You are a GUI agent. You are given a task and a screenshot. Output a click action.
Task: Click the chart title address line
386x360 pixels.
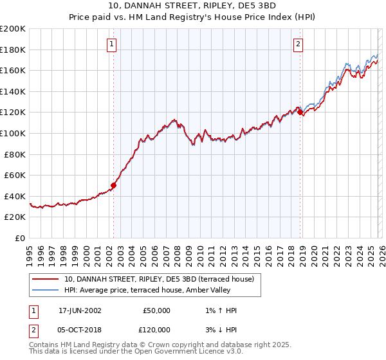click(193, 7)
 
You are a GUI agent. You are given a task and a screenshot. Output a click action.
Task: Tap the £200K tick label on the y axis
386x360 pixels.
click(13, 29)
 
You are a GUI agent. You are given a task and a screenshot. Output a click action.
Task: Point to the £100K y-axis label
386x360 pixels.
click(13, 134)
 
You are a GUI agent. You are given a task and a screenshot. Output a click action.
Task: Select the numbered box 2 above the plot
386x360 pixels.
click(299, 44)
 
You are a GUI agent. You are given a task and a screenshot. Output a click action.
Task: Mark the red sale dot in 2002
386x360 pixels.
click(114, 185)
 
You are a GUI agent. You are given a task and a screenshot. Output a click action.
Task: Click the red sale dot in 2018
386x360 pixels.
click(300, 113)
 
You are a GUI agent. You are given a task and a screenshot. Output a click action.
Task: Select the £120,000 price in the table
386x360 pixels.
click(156, 329)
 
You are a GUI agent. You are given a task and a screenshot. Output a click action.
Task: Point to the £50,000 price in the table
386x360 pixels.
click(156, 310)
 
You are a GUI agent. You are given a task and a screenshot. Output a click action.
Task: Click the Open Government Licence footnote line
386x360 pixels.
click(136, 352)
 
